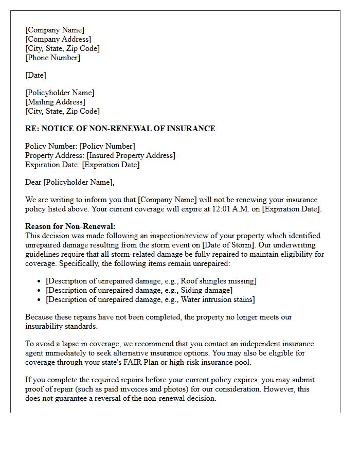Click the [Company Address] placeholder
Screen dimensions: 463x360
(58, 39)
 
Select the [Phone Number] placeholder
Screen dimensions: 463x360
(53, 58)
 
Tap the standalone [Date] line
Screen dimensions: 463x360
(35, 75)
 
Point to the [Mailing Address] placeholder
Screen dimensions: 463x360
(55, 102)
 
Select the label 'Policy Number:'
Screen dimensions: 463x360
(51, 146)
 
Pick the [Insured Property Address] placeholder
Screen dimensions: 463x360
(131, 155)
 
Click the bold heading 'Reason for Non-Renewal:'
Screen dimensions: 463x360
(70, 226)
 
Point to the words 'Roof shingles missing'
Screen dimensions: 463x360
(215, 281)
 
